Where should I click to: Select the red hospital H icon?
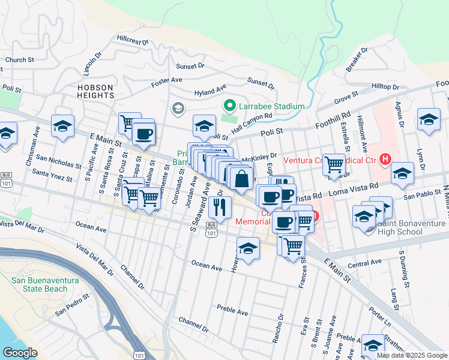[x=385, y=160]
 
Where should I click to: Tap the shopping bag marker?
[x=241, y=179]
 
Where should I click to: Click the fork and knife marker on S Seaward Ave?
[x=220, y=208]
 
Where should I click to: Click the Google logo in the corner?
[x=20, y=352]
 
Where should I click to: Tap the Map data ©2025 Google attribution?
[x=412, y=355]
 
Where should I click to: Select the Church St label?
[x=19, y=60]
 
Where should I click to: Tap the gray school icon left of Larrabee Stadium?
[x=178, y=109]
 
